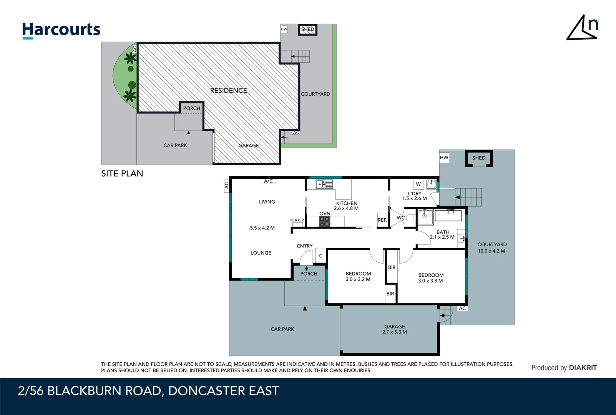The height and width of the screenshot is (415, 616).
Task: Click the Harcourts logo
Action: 61,30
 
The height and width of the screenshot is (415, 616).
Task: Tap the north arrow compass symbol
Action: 583,28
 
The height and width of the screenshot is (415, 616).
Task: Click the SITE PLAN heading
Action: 122,174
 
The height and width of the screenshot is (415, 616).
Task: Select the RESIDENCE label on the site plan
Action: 228,91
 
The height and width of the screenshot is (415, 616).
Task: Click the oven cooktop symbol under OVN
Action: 325,221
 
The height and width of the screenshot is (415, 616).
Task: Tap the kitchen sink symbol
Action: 324,184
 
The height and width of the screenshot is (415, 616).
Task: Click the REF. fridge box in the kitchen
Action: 382,220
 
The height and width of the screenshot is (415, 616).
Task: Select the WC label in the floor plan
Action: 400,218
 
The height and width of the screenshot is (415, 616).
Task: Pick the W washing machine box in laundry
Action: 418,184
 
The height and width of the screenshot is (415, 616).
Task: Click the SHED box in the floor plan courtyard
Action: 479,158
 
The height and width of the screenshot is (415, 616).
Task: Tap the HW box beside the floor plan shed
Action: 444,158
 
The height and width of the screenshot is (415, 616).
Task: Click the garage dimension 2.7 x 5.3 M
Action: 394,332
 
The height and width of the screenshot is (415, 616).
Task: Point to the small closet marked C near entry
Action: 321,256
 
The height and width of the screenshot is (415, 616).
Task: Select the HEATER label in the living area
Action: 296,220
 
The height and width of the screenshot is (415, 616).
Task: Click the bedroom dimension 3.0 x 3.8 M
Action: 430,281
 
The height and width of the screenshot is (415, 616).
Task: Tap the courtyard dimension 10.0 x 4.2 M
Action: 491,251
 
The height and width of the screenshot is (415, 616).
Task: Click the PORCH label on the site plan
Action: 191,108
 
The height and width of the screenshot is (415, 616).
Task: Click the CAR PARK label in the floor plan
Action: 282,329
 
